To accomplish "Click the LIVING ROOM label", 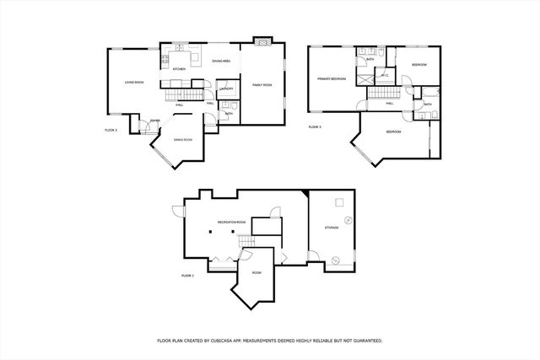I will [x=134, y=83].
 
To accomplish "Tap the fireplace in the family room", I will [x=264, y=40].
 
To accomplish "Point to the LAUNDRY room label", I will [x=225, y=89].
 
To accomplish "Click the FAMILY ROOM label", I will [x=262, y=85].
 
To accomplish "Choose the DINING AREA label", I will [x=222, y=62].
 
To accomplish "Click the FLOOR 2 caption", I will [x=111, y=130].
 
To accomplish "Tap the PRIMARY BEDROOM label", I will [x=332, y=78].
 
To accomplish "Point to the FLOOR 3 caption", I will [x=315, y=127].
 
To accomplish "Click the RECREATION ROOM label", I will [x=231, y=222].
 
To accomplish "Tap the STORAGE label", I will [x=332, y=228].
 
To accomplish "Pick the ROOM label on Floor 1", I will [x=256, y=272].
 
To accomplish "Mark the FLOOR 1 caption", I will [x=187, y=276].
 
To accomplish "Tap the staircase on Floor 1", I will [x=246, y=243].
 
